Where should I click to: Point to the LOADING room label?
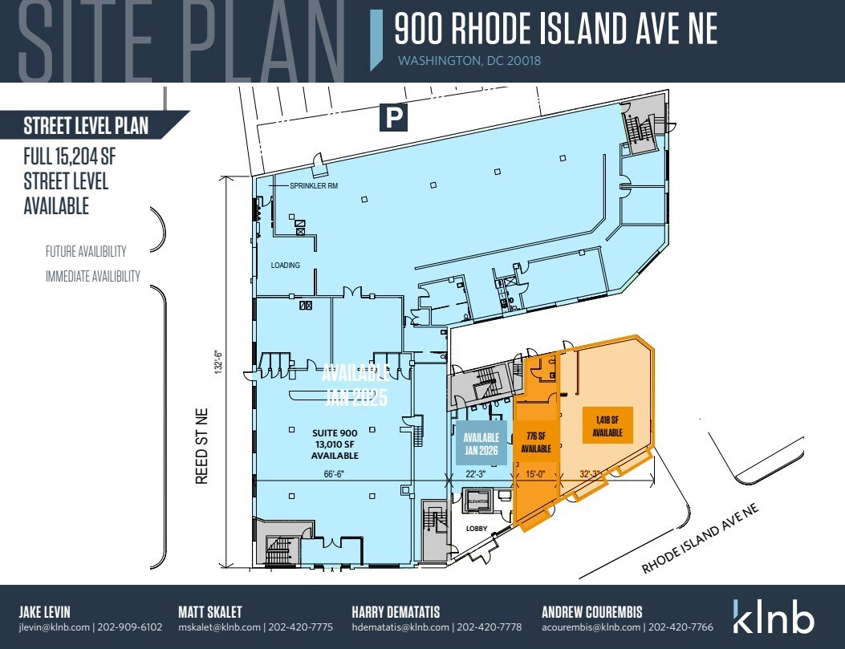[x=285, y=266]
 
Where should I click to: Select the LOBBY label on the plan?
[x=478, y=529]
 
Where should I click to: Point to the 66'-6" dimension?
[x=335, y=474]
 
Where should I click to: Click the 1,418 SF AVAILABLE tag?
[x=608, y=424]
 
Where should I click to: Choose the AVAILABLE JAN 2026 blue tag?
[x=481, y=444]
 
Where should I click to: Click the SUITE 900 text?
[x=335, y=432]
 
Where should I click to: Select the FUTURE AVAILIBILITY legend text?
[x=86, y=251]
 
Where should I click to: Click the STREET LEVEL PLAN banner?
[x=86, y=126]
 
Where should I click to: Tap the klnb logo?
[x=773, y=617]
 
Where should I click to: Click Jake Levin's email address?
[x=51, y=627]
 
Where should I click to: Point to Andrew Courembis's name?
[x=593, y=611]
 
